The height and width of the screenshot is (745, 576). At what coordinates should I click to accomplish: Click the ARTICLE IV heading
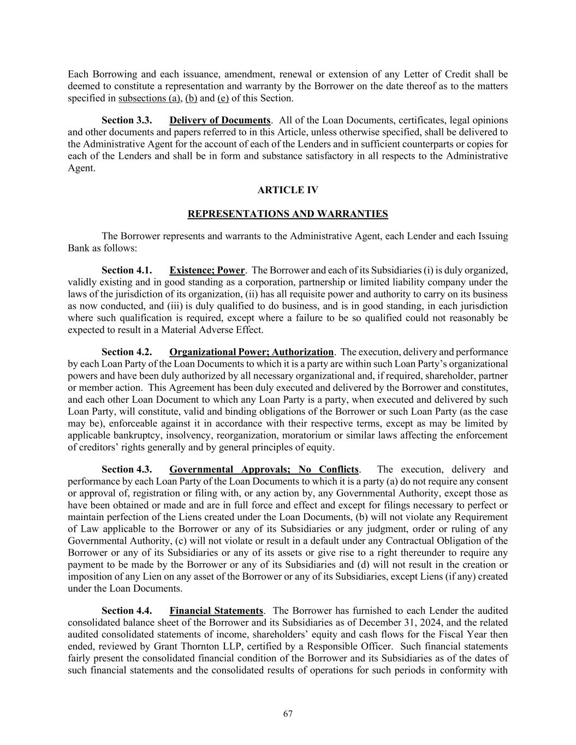[x=288, y=190]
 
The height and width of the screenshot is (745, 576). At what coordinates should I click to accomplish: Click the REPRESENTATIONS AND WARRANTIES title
[x=288, y=214]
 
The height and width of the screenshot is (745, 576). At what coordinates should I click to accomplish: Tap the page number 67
[x=288, y=714]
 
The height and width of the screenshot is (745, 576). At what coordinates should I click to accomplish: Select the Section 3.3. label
[x=127, y=120]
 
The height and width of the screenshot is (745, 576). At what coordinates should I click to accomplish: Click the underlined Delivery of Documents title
[x=220, y=120]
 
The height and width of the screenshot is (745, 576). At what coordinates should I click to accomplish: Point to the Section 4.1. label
[x=127, y=270]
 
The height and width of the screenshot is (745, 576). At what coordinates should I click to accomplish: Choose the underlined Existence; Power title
[x=207, y=270]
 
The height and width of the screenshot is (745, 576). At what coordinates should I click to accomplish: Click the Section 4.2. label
[x=127, y=352]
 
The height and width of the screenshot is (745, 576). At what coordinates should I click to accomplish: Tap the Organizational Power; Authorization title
[x=251, y=352]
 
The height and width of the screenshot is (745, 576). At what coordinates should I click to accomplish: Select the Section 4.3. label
[x=127, y=469]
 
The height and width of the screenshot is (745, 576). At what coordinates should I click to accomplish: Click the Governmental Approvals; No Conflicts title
[x=264, y=469]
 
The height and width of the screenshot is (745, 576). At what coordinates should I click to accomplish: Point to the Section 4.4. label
[x=127, y=611]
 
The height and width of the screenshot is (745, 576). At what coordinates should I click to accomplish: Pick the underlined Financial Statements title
[x=216, y=611]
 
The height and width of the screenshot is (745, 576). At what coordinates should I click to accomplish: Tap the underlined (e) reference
[x=223, y=98]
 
